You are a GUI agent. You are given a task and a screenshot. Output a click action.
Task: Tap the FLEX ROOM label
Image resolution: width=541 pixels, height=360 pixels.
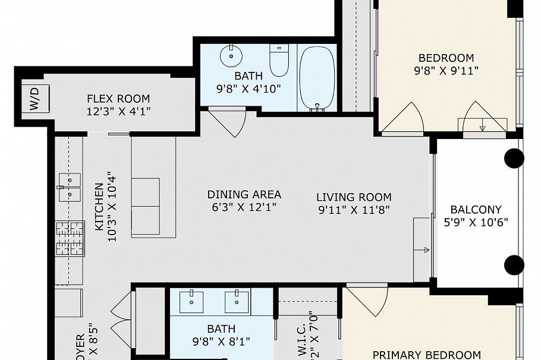click(x=118, y=99)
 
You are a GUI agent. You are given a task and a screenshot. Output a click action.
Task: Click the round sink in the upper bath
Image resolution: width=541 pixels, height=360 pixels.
click(x=231, y=58)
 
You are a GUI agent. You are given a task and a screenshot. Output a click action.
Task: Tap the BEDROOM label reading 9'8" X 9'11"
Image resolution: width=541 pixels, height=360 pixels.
click(x=446, y=58)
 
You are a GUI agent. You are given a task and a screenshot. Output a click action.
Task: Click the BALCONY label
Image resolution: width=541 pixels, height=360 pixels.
click(x=476, y=210)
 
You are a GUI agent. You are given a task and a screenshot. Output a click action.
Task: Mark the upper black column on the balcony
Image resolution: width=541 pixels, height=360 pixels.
click(x=514, y=158)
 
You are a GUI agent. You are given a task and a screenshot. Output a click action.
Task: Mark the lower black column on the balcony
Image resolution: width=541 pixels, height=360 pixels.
click(x=514, y=264)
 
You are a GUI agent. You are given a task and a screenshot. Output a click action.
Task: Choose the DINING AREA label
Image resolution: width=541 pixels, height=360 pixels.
click(x=244, y=195)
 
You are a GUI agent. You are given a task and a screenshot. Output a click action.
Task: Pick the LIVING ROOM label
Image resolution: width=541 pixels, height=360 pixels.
click(x=354, y=197)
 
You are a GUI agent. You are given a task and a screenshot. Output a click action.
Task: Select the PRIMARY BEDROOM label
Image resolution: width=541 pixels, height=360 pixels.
click(x=426, y=355)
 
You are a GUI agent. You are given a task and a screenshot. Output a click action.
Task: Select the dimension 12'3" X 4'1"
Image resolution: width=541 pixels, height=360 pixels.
click(x=118, y=110)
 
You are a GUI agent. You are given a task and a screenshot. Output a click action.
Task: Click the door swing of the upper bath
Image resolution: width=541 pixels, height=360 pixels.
click(x=229, y=122)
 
